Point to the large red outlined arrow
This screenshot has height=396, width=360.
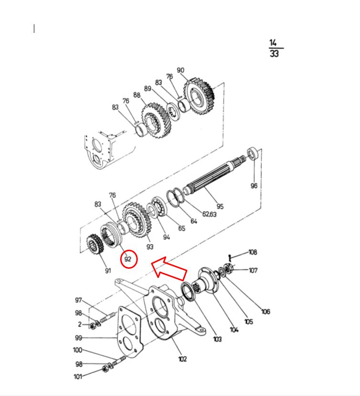169,269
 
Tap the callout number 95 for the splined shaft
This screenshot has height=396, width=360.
220,206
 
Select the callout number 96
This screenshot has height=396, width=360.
254,186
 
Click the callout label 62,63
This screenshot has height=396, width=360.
209,214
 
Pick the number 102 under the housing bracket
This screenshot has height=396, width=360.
183,359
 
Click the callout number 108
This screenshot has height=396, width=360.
253,252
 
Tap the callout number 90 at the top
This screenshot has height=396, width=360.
180,70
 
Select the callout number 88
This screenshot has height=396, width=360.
137,95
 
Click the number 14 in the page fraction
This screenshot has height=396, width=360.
273,43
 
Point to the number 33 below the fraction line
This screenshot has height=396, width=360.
274,53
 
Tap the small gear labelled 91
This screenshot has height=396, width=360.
95,244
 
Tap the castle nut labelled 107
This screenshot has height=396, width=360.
228,268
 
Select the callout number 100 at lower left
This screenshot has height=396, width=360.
78,350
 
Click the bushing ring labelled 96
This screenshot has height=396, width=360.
253,153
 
